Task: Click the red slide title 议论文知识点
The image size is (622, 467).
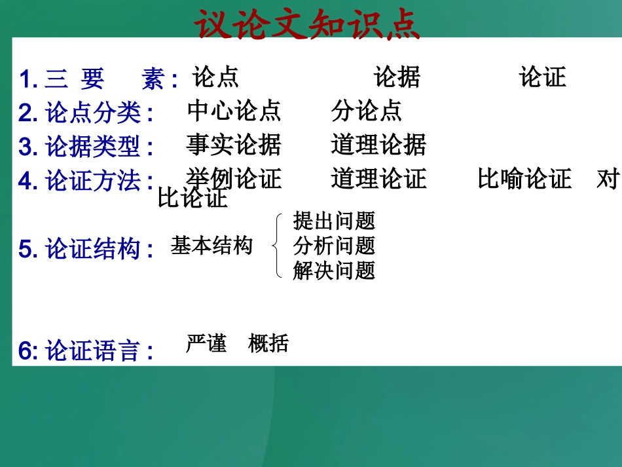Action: coord(308,25)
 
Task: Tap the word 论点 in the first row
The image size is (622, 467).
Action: coord(215,77)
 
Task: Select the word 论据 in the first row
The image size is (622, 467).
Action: coord(397,77)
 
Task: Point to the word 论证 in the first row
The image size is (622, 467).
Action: coord(542,77)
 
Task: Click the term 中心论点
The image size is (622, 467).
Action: coord(234,111)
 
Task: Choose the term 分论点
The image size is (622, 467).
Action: coord(367,111)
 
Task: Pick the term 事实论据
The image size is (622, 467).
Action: coord(234,145)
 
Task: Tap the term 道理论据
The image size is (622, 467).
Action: coord(378,145)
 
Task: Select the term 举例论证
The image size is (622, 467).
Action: coord(234,178)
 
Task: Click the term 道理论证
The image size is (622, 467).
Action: coord(378,178)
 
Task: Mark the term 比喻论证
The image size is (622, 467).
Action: coord(524,178)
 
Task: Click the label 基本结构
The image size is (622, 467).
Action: coord(211,246)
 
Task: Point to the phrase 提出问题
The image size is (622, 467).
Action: coord(334,221)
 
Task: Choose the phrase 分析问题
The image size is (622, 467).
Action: coord(334,246)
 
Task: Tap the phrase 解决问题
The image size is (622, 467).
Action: coord(334,270)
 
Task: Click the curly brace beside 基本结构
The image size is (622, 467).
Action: coord(278,246)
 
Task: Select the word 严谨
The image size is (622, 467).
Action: coord(206,343)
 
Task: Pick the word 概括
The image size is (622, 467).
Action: coord(268,343)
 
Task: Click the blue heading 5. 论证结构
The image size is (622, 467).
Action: coord(86,249)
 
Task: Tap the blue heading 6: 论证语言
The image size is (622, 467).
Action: coord(86,351)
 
